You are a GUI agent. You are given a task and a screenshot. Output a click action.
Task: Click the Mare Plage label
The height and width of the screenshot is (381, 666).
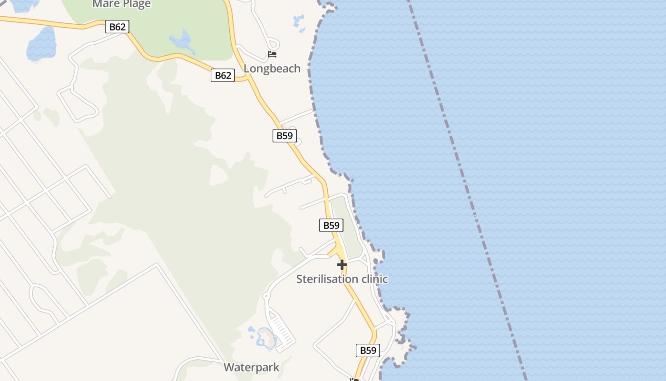pyautogui.click(x=121, y=4)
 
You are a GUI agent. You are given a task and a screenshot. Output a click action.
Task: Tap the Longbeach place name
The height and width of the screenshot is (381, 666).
pyautogui.click(x=272, y=69)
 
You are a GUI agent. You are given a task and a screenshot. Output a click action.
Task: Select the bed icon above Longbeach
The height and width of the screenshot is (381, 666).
pyautogui.click(x=272, y=54)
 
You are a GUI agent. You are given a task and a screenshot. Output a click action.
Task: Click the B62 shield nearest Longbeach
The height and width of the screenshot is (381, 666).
pyautogui.click(x=223, y=75)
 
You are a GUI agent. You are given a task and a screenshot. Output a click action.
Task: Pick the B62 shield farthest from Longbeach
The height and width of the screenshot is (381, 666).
pyautogui.click(x=117, y=27)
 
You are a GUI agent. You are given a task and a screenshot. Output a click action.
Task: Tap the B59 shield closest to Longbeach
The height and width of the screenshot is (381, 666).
pyautogui.click(x=284, y=136)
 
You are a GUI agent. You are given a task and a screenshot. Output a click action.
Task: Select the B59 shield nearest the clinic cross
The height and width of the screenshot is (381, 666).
pyautogui.click(x=331, y=225)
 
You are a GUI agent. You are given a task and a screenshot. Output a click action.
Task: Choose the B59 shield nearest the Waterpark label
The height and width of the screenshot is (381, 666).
pyautogui.click(x=368, y=351)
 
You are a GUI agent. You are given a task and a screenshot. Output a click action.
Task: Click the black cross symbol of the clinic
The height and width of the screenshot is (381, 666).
pyautogui.click(x=342, y=265)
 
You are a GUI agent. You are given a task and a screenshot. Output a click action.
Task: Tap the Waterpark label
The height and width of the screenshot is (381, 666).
pyautogui.click(x=251, y=368)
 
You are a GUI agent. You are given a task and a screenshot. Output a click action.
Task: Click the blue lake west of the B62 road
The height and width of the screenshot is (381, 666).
pyautogui.click(x=41, y=44)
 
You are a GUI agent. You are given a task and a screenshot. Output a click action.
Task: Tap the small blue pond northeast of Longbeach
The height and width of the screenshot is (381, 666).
pyautogui.click(x=299, y=21)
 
